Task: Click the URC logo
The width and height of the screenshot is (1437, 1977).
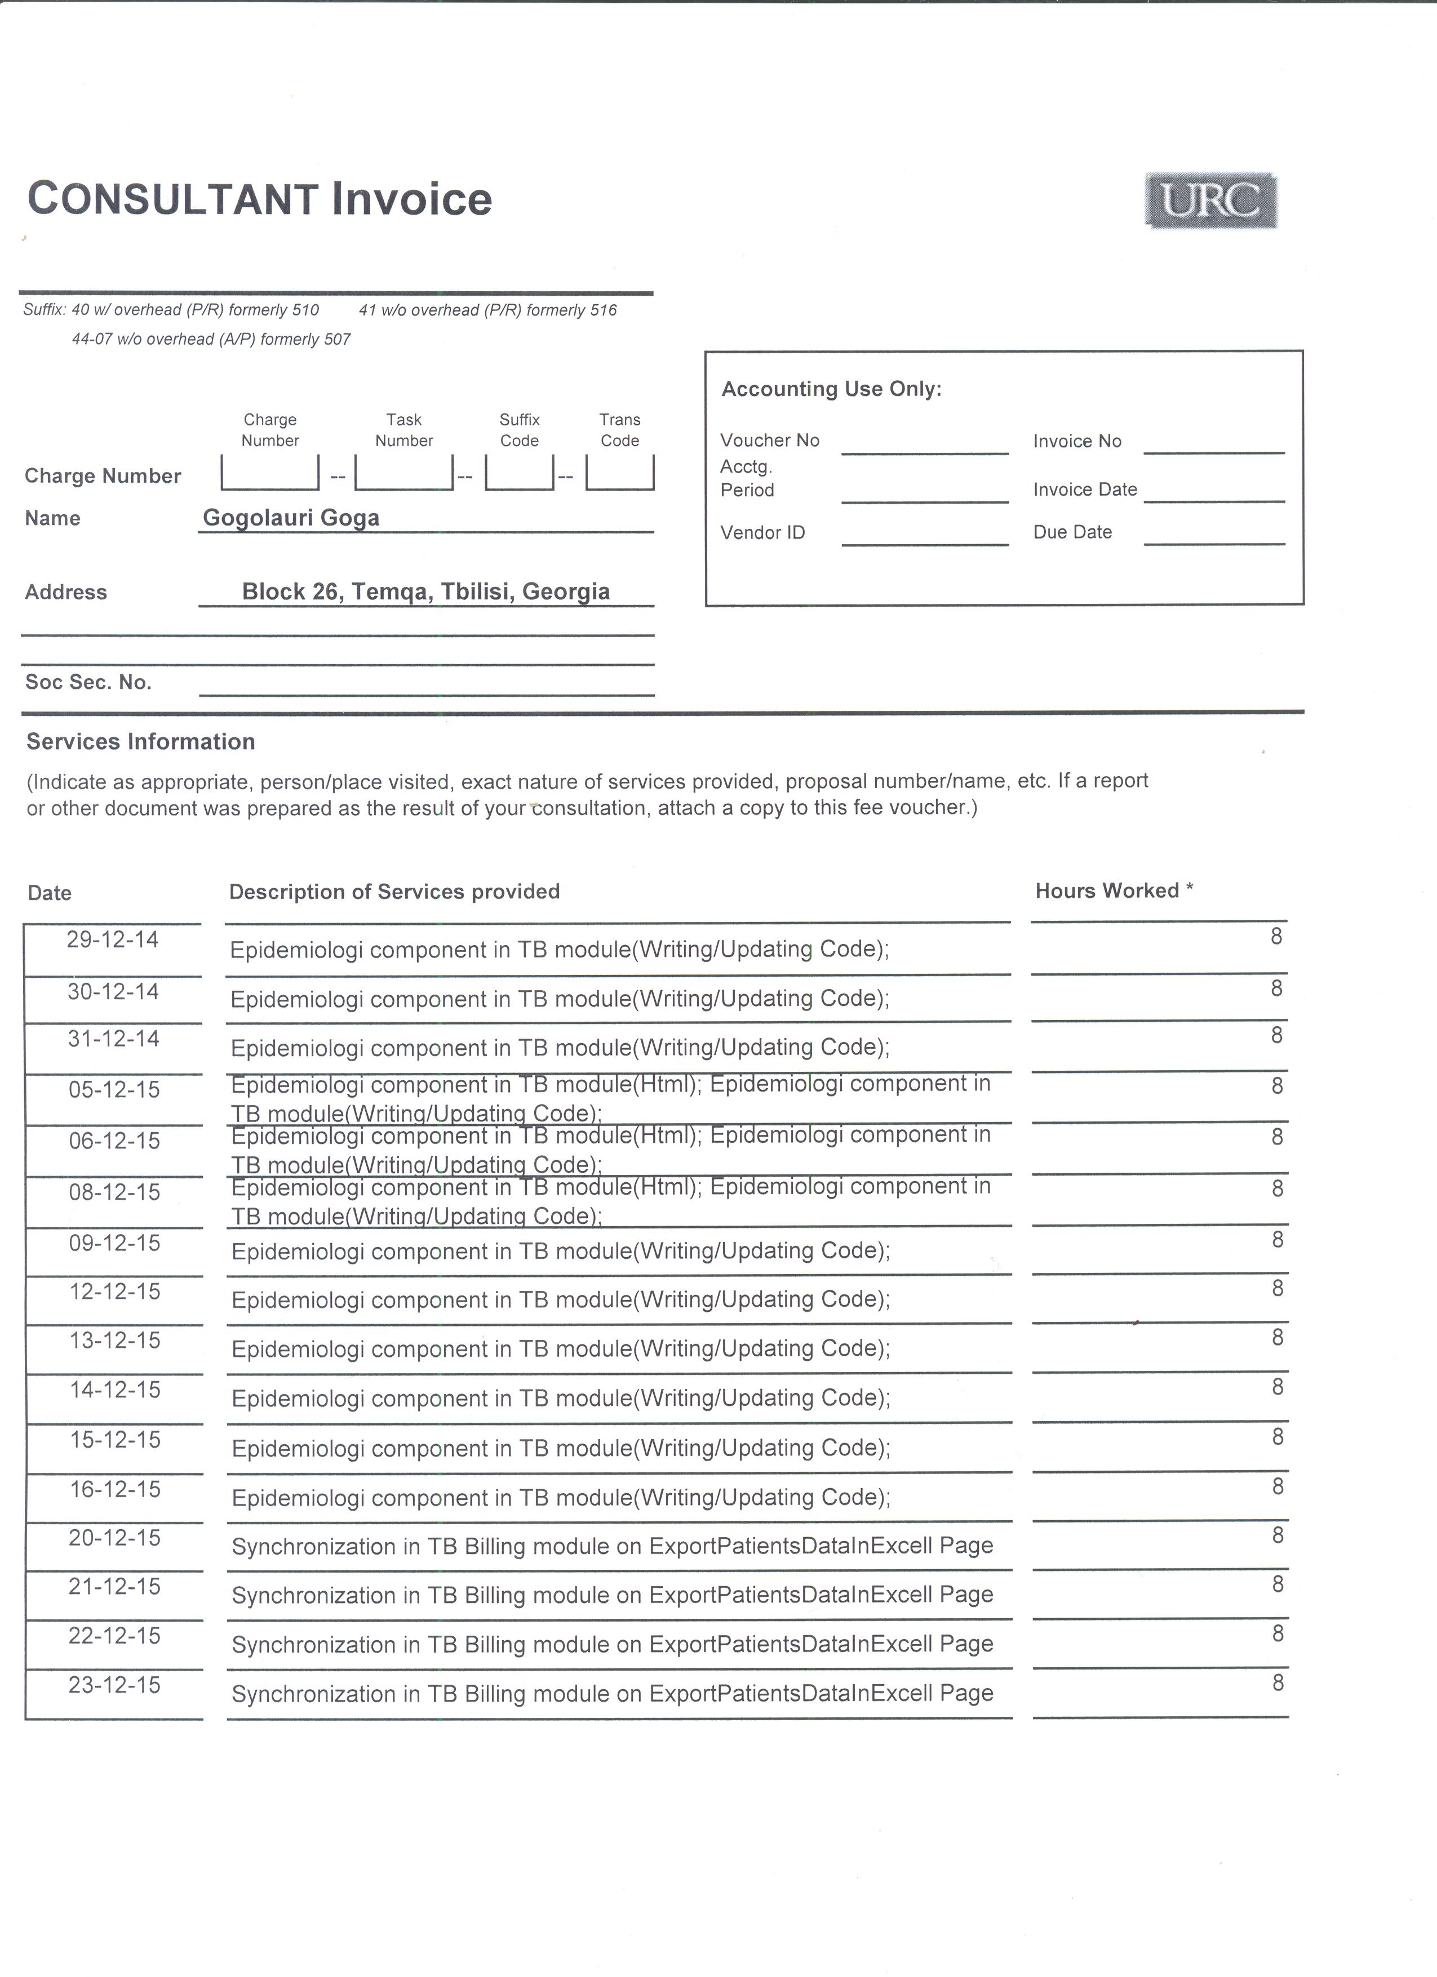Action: point(1211,202)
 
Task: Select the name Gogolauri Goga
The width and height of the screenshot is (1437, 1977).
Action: point(291,518)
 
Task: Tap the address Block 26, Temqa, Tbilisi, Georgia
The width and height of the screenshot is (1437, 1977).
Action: point(425,592)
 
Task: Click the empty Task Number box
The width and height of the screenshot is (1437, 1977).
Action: point(403,473)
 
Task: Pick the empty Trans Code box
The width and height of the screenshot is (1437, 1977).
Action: point(620,473)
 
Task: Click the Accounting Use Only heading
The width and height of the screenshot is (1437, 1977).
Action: point(831,389)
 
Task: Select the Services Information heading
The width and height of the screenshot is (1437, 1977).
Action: point(140,742)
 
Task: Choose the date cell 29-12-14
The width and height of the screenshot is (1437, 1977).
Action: point(113,939)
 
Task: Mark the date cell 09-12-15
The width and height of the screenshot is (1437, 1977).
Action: point(115,1243)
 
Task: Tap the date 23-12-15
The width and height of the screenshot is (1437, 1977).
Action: point(115,1685)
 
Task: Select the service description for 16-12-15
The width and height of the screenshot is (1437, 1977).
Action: point(561,1498)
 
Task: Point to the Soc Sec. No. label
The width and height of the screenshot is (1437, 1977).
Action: point(88,683)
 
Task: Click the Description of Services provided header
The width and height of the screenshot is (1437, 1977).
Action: point(394,892)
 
